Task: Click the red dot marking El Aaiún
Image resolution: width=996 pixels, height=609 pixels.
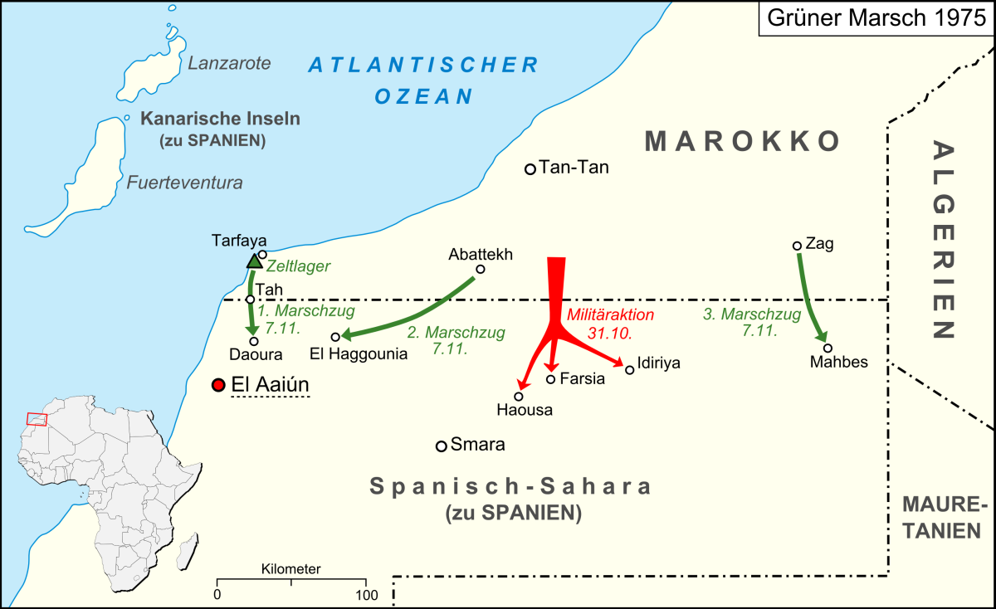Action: point(218,385)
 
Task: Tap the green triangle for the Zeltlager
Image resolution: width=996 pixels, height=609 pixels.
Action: point(254,262)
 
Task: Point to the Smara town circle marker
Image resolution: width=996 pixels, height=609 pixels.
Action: point(442,446)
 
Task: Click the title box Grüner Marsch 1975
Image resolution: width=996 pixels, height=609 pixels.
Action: point(876,19)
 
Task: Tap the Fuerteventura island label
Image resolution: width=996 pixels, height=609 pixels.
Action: point(184,183)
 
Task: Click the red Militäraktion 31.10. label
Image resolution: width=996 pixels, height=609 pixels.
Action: point(610,324)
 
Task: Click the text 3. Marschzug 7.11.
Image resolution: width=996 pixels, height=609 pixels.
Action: point(752,322)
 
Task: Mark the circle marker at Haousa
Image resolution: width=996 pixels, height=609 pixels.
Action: point(519,397)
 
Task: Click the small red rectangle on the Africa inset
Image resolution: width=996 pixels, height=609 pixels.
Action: point(37,419)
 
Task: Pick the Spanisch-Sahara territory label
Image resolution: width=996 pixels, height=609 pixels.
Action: point(510,487)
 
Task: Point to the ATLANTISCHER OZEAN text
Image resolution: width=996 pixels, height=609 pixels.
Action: point(423,79)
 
